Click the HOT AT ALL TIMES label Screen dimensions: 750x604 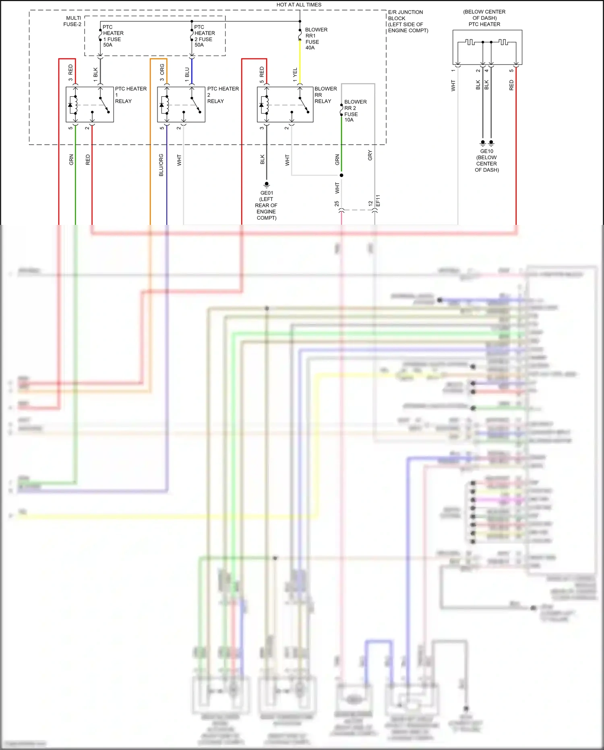[299, 5]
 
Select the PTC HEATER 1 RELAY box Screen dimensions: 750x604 [90, 104]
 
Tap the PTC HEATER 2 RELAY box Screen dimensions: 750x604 [181, 104]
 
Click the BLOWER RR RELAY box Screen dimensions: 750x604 [285, 104]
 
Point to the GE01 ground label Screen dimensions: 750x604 [267, 193]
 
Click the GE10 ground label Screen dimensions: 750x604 [486, 152]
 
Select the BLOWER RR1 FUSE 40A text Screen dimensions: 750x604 [316, 39]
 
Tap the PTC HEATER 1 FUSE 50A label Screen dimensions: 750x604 [113, 36]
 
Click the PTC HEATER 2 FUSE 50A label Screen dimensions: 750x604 [204, 36]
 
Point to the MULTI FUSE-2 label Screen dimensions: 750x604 [73, 21]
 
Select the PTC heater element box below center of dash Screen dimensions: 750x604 [487, 47]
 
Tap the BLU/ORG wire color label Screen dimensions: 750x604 [161, 165]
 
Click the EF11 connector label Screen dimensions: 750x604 [378, 201]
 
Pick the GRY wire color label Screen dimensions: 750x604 [370, 156]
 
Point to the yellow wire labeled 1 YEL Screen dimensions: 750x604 [300, 64]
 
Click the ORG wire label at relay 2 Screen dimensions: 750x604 [162, 69]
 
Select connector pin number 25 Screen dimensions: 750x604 [337, 204]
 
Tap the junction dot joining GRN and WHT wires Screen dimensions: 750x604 [341, 175]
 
